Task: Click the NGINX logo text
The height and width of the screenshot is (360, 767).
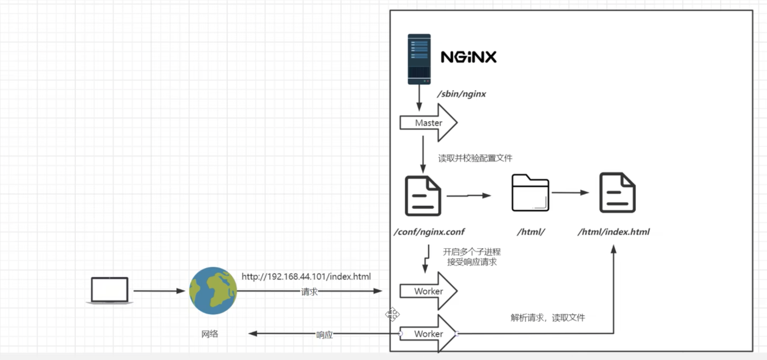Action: pos(468,57)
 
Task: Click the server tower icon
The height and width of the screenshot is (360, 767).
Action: pos(419,59)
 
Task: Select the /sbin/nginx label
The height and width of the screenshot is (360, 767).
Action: pos(462,94)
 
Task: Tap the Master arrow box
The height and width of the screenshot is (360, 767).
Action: pos(428,123)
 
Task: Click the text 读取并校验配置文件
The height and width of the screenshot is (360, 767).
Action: pos(475,158)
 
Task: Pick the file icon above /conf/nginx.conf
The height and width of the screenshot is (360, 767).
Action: pos(422,195)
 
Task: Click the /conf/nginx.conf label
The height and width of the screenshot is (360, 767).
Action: pos(430,232)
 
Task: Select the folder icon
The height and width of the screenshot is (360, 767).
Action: pos(530,193)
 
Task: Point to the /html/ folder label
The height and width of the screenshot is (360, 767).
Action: pos(531,232)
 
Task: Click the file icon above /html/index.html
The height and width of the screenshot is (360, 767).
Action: pos(617,193)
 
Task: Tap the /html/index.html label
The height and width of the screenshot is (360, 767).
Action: pos(613,232)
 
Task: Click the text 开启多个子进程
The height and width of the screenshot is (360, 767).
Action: pos(472,252)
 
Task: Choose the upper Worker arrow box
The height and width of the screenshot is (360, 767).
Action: pos(428,291)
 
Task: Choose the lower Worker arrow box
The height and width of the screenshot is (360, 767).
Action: pos(428,334)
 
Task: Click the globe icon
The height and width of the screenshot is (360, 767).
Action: pos(213,291)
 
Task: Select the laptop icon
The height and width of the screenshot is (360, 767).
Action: pos(109,290)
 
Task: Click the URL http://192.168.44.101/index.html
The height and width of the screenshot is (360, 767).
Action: pos(306,276)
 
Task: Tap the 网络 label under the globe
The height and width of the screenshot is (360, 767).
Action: pos(209,334)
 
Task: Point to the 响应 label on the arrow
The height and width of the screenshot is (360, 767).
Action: pos(324,335)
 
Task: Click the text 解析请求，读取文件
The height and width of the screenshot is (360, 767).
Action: pos(547,318)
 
